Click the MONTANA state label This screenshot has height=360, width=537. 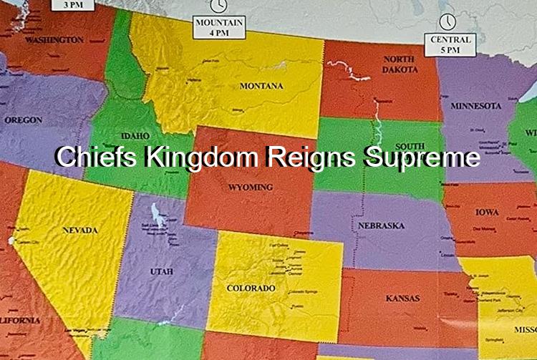click(261, 87)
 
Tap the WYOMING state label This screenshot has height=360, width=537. click(251, 188)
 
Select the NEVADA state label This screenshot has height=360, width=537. click(80, 230)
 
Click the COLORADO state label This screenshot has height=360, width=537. click(251, 288)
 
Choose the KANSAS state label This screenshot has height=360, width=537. click(402, 297)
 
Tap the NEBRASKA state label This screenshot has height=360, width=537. click(382, 225)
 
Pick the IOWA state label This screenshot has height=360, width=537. click(487, 213)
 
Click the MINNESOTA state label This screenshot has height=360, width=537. click(475, 106)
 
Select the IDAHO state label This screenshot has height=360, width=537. click(135, 135)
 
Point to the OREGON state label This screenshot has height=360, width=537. click(23, 120)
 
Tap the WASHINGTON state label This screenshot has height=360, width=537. click(54, 40)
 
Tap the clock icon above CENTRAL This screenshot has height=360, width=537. click(448, 21)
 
